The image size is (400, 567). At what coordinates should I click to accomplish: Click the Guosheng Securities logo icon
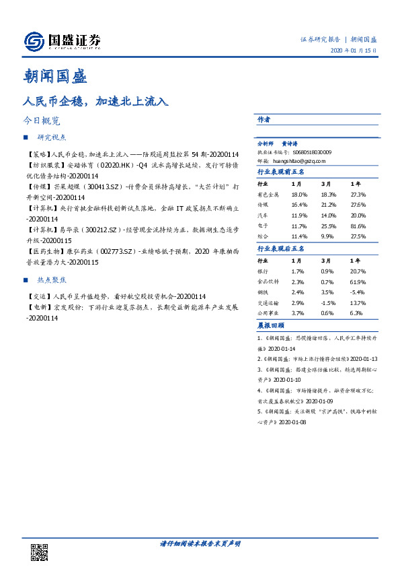tap(34, 42)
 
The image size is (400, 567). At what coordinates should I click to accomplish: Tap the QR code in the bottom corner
tap(38, 552)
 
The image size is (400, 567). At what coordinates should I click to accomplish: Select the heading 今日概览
tap(42, 121)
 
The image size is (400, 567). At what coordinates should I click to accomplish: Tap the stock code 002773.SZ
tap(115, 251)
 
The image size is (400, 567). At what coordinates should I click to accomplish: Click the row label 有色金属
tap(267, 194)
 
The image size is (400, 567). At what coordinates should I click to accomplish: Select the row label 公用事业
tap(267, 312)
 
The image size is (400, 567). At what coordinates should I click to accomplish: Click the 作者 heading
tap(264, 119)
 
